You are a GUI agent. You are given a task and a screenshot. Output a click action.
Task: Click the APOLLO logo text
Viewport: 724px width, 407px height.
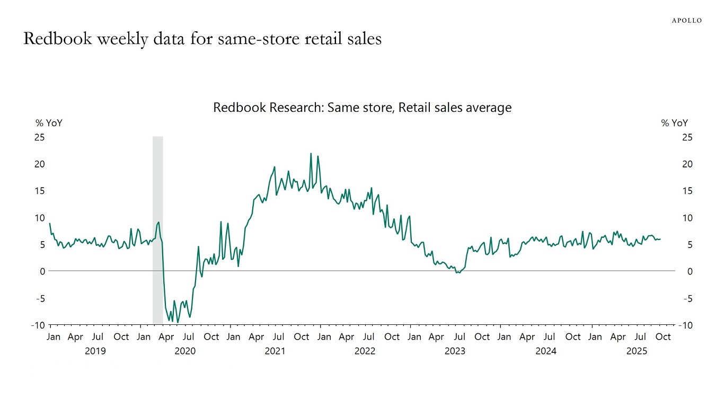tap(686, 20)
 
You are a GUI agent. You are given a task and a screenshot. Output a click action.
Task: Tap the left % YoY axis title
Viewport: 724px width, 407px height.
tap(49, 123)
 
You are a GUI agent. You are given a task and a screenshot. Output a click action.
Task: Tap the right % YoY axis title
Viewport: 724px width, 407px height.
tap(674, 123)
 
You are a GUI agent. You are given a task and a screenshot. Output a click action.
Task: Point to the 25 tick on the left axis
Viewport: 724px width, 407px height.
tap(40, 137)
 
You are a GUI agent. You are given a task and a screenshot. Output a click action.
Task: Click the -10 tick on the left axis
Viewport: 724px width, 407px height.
tap(38, 325)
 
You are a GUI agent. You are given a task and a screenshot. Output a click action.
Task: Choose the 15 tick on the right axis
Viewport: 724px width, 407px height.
tap(687, 191)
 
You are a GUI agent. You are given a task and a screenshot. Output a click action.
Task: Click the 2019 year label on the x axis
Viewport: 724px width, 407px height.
tap(95, 351)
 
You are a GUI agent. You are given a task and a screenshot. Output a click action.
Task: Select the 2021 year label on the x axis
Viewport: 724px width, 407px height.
tap(275, 351)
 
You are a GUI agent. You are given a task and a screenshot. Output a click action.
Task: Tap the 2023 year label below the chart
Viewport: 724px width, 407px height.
tap(455, 351)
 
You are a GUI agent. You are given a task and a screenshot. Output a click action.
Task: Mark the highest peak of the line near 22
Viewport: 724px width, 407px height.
tap(311, 154)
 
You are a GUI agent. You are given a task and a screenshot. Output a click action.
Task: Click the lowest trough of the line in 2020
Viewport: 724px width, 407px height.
tap(178, 322)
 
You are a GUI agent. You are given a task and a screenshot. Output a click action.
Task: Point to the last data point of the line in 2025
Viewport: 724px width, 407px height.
tap(660, 239)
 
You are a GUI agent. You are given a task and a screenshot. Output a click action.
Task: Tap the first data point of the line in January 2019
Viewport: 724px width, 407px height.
tap(50, 223)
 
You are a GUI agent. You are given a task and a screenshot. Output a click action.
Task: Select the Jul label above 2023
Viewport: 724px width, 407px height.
tap(459, 337)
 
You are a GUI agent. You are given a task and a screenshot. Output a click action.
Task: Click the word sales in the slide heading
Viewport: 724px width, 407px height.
tap(363, 39)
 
